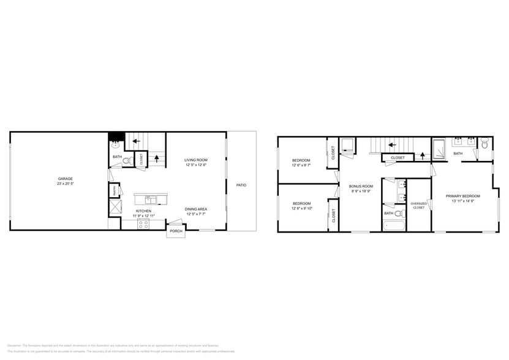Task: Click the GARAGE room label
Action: (65, 178)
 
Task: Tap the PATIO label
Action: (242, 185)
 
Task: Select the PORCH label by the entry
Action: (176, 231)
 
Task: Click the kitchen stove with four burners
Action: (143, 225)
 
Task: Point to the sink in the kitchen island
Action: (148, 199)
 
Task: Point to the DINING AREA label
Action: (196, 209)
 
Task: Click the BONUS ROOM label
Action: (361, 186)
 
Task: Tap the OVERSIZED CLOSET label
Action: (418, 205)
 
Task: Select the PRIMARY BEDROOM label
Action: (462, 196)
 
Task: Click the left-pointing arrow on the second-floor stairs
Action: (391, 145)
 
